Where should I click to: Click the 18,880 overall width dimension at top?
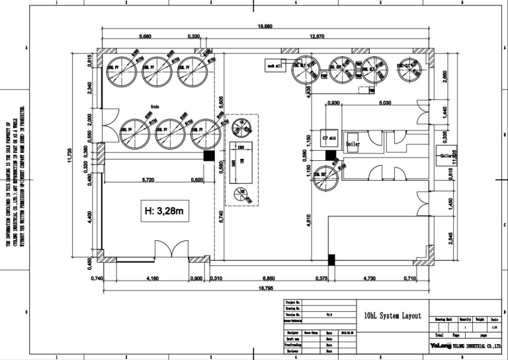tap(265, 27)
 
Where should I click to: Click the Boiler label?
tap(353, 144)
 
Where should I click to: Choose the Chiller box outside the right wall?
tap(447, 156)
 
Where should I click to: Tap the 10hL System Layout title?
tap(393, 316)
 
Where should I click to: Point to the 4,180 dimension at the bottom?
tap(151, 279)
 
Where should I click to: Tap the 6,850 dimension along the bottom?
tap(269, 279)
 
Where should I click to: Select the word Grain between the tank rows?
tap(155, 106)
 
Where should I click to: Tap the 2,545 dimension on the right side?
tap(450, 239)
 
